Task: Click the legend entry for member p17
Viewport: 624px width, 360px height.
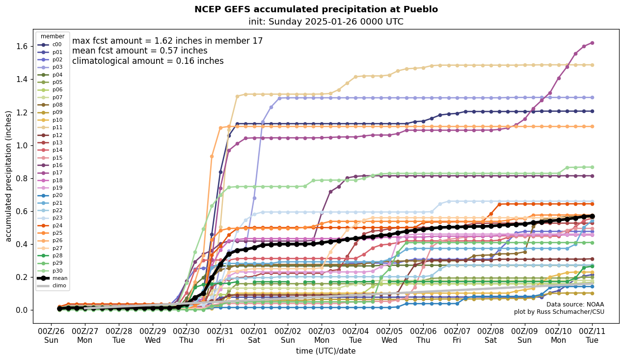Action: (x=53, y=173)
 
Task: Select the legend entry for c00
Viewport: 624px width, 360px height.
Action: (x=53, y=45)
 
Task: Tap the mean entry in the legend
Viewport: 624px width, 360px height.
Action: (x=53, y=278)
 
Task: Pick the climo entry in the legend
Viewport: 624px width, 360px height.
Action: (x=53, y=285)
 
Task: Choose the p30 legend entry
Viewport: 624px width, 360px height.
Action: (x=53, y=271)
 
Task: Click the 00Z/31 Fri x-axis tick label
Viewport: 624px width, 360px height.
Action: (x=220, y=335)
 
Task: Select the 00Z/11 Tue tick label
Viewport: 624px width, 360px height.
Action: (x=592, y=335)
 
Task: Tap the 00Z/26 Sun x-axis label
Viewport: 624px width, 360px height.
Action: (x=51, y=335)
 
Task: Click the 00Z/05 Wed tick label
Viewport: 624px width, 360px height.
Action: (x=389, y=335)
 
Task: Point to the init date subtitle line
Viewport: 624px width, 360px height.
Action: (x=326, y=22)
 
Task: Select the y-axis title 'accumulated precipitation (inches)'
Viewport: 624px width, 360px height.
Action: (x=8, y=176)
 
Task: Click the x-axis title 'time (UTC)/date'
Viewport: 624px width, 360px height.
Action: (x=326, y=351)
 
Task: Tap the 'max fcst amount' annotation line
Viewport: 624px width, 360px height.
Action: (x=167, y=41)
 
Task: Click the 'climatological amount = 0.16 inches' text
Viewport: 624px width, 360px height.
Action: (x=148, y=61)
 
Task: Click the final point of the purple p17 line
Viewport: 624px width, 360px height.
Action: (x=592, y=43)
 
